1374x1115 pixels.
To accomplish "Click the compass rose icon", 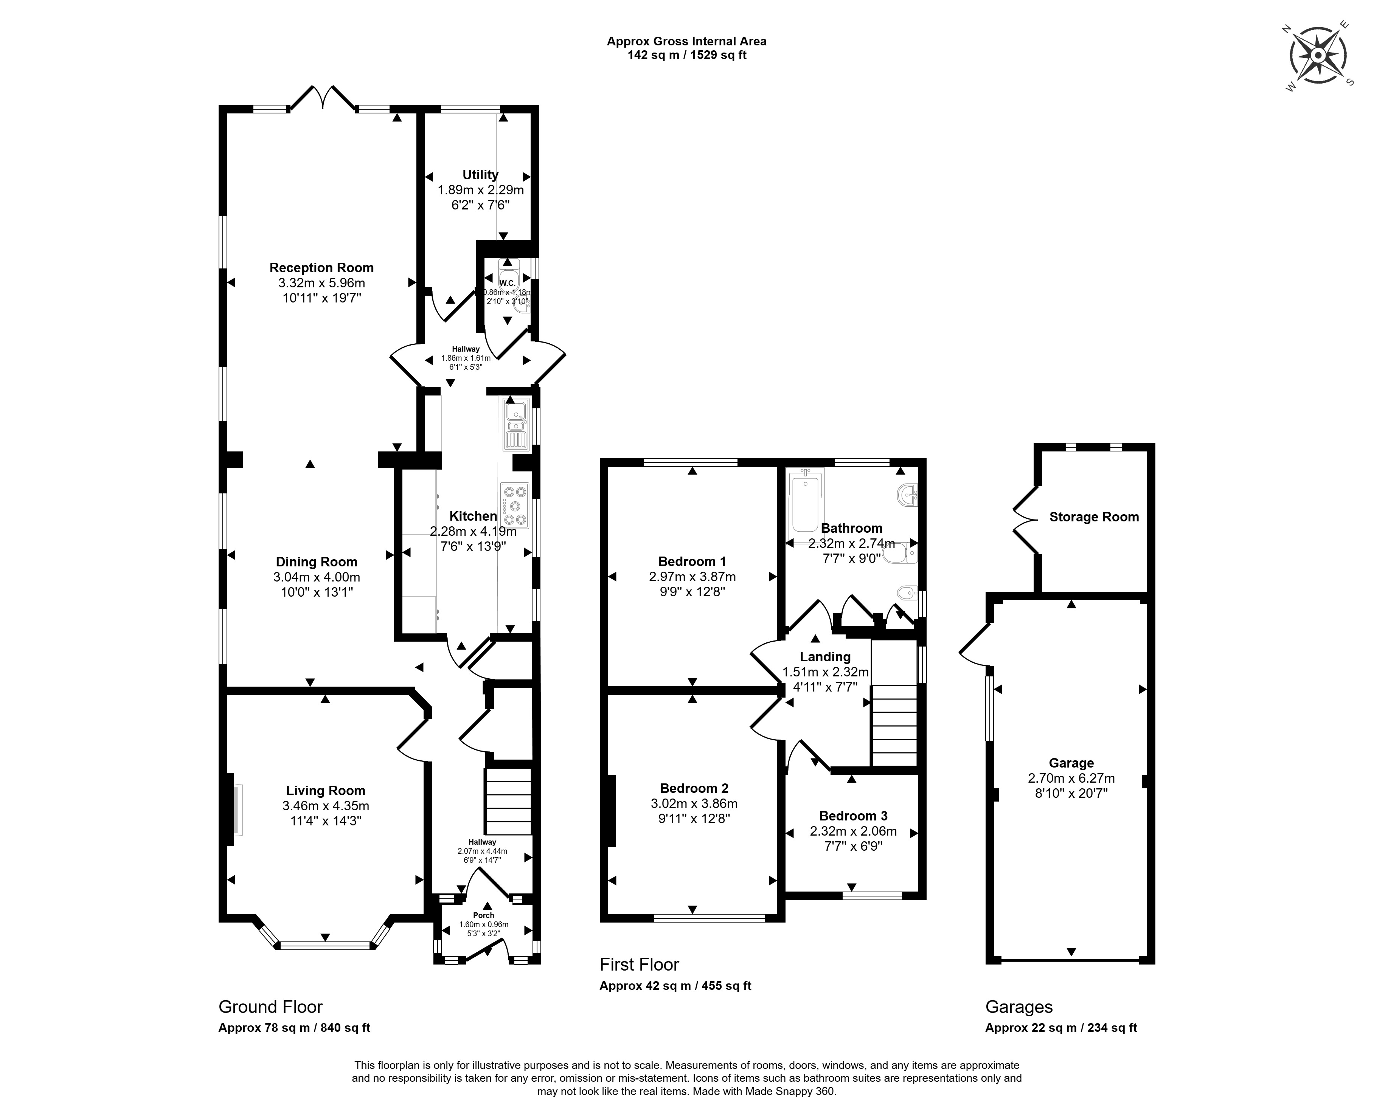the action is (x=1318, y=56).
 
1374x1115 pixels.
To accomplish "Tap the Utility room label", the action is (x=480, y=175).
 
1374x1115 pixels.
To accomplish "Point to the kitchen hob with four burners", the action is (x=514, y=506).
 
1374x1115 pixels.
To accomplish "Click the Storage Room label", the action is (x=1094, y=517).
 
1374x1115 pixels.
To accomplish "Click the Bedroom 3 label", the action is (x=853, y=816).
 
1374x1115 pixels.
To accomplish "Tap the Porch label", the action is (x=484, y=916).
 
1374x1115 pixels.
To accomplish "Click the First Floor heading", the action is (x=639, y=965).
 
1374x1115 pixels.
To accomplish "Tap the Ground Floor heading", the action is (x=270, y=1007).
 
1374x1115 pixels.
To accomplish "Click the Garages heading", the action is (x=1019, y=1007).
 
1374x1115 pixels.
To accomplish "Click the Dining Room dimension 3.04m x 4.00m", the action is (x=316, y=577).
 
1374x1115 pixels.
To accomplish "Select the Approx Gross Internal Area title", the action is (x=687, y=42).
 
